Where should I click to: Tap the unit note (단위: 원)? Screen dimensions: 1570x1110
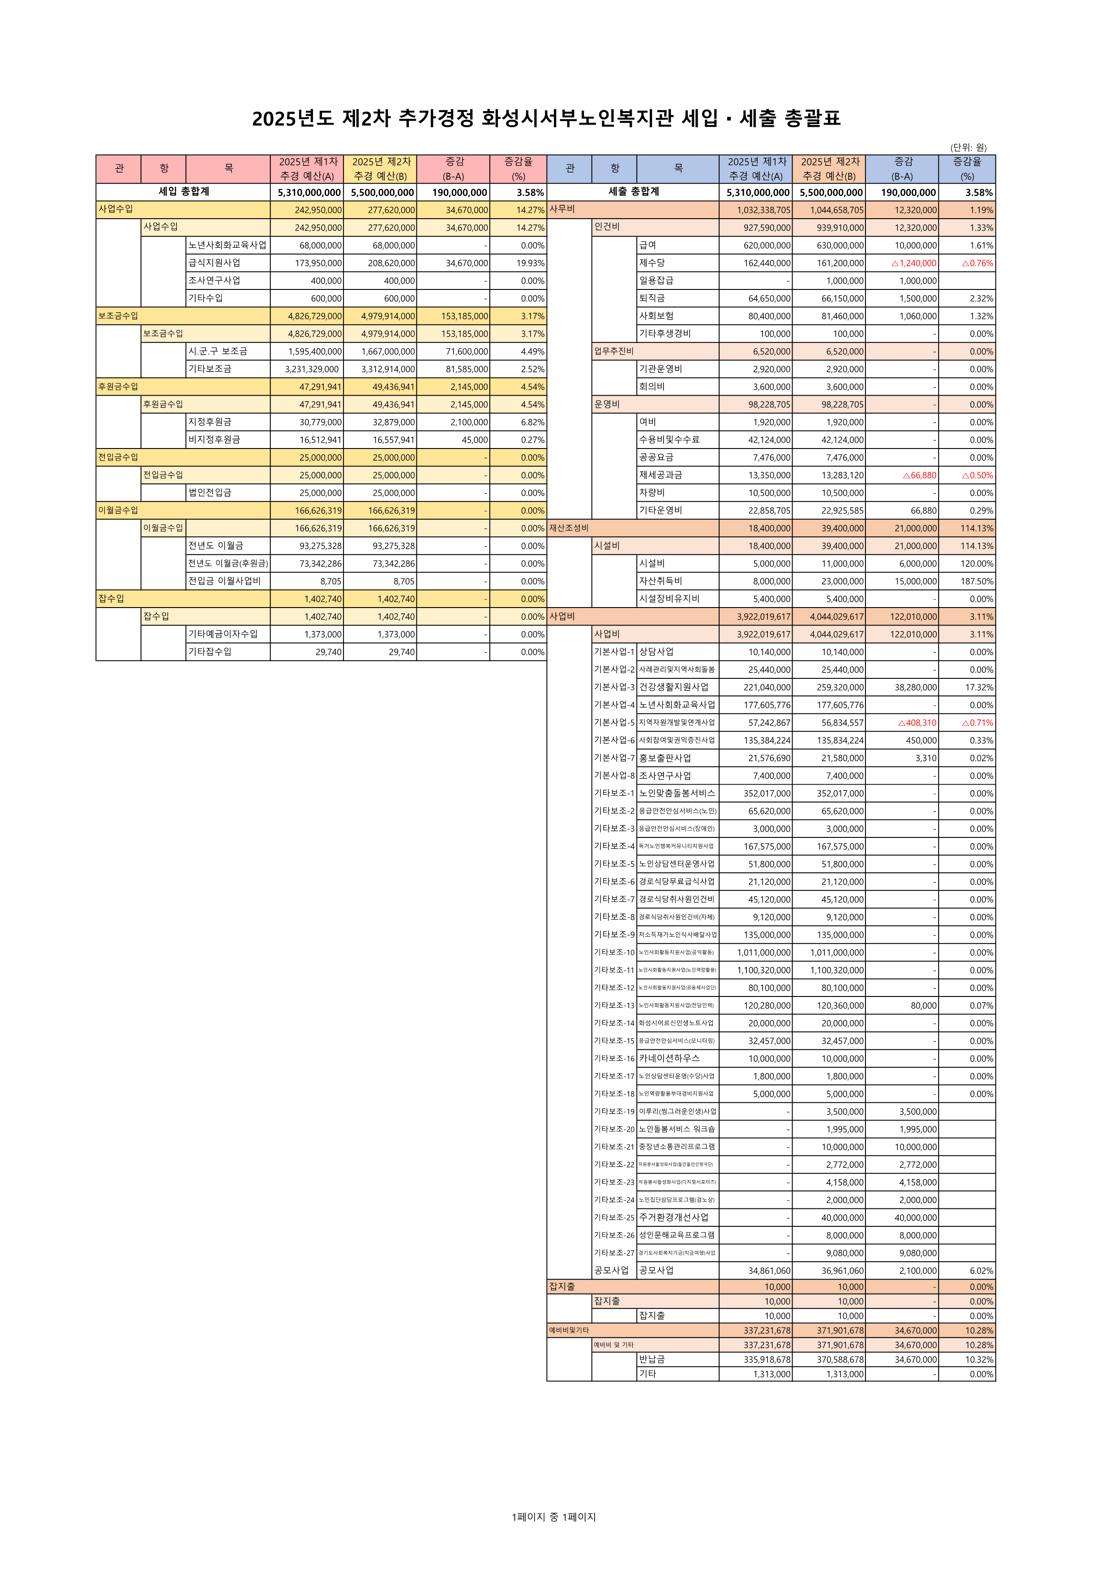click(x=968, y=147)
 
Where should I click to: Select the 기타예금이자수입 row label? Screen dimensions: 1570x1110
click(x=223, y=634)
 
